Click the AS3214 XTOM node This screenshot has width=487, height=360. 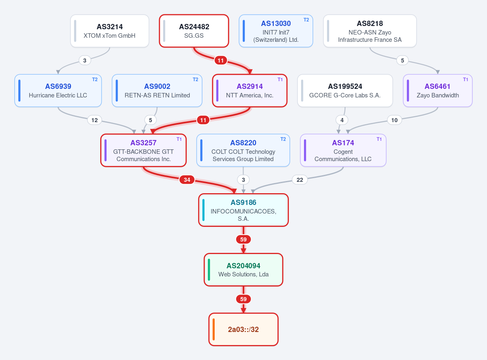coord(110,31)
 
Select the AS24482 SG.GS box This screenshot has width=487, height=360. coord(194,31)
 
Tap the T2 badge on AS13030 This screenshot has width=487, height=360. coord(306,20)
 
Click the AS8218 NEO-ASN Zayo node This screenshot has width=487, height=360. coord(370,31)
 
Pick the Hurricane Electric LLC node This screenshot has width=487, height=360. coord(58,91)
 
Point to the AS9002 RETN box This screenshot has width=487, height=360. coord(157,91)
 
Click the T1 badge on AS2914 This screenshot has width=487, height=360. coord(280,80)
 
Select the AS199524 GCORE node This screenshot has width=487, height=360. coord(345,91)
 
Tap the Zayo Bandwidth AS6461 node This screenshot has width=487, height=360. coord(437,91)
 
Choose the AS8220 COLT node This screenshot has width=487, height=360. coord(243,151)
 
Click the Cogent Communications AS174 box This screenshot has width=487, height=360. coord(343,151)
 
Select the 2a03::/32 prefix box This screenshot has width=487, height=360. coord(243,330)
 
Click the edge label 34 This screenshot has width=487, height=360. coord(187,180)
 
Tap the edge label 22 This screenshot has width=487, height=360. coord(300,180)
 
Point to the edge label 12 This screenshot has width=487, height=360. coord(95,120)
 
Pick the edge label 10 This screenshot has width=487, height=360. coord(394,120)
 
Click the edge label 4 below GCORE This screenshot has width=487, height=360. coord(342,120)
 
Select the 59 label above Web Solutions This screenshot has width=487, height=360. coord(243,239)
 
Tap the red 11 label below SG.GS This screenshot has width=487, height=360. coord(221,60)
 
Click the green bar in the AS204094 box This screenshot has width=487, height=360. coord(209,270)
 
